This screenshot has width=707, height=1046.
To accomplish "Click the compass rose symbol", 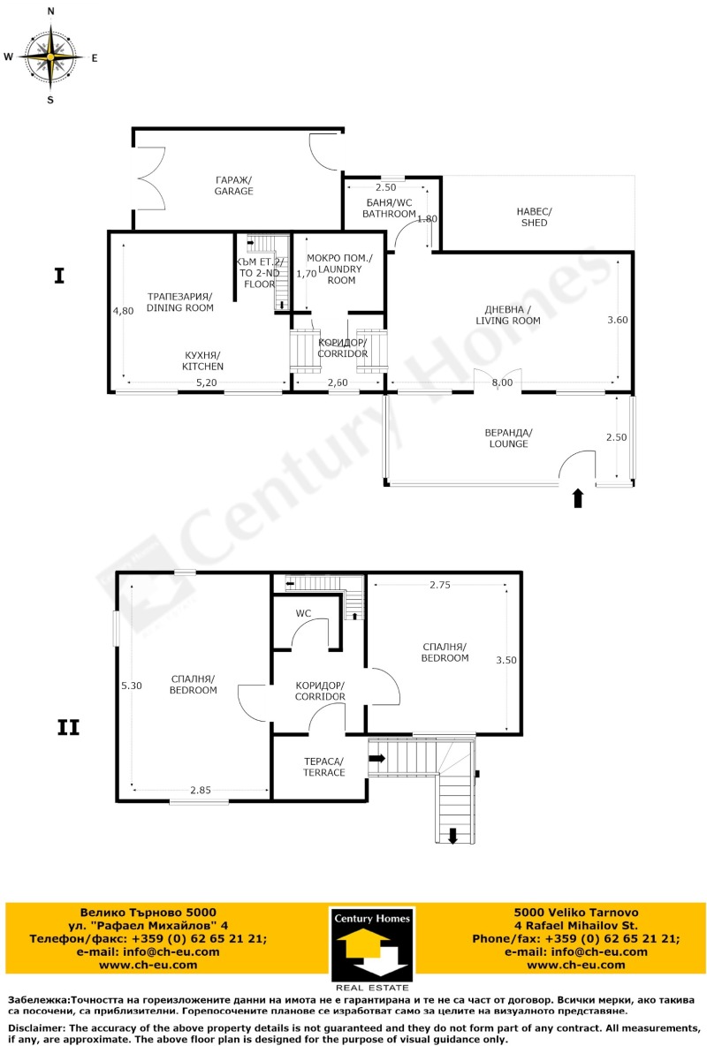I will click(x=50, y=57).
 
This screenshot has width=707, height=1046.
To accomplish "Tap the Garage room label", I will click(x=233, y=185).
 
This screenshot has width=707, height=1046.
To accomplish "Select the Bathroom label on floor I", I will click(x=391, y=208).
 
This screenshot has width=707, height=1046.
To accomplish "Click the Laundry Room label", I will click(x=340, y=269).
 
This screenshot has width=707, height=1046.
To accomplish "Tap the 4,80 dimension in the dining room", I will click(x=123, y=311).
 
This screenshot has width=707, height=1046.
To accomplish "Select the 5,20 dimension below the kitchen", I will click(x=205, y=383).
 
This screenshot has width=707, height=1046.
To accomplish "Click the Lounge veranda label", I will click(x=508, y=438).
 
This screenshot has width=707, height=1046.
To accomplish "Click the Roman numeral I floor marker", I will click(x=59, y=276).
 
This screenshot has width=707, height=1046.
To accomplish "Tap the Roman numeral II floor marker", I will click(x=68, y=728).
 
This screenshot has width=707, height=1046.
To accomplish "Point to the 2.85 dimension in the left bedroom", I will click(x=200, y=790).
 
